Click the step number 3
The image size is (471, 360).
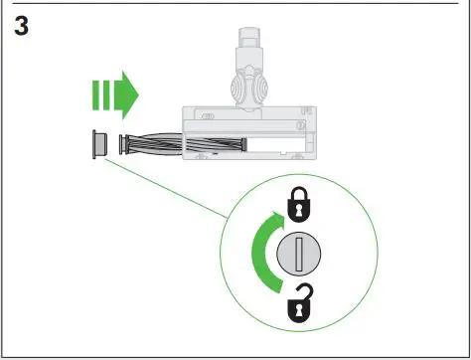[x=21, y=27]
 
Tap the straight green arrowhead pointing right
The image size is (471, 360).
[x=126, y=96]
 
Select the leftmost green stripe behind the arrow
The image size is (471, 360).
[x=95, y=96]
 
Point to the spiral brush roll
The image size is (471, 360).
[x=149, y=143]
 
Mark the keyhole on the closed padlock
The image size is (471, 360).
[x=298, y=210]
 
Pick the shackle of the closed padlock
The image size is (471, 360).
[x=298, y=195]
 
